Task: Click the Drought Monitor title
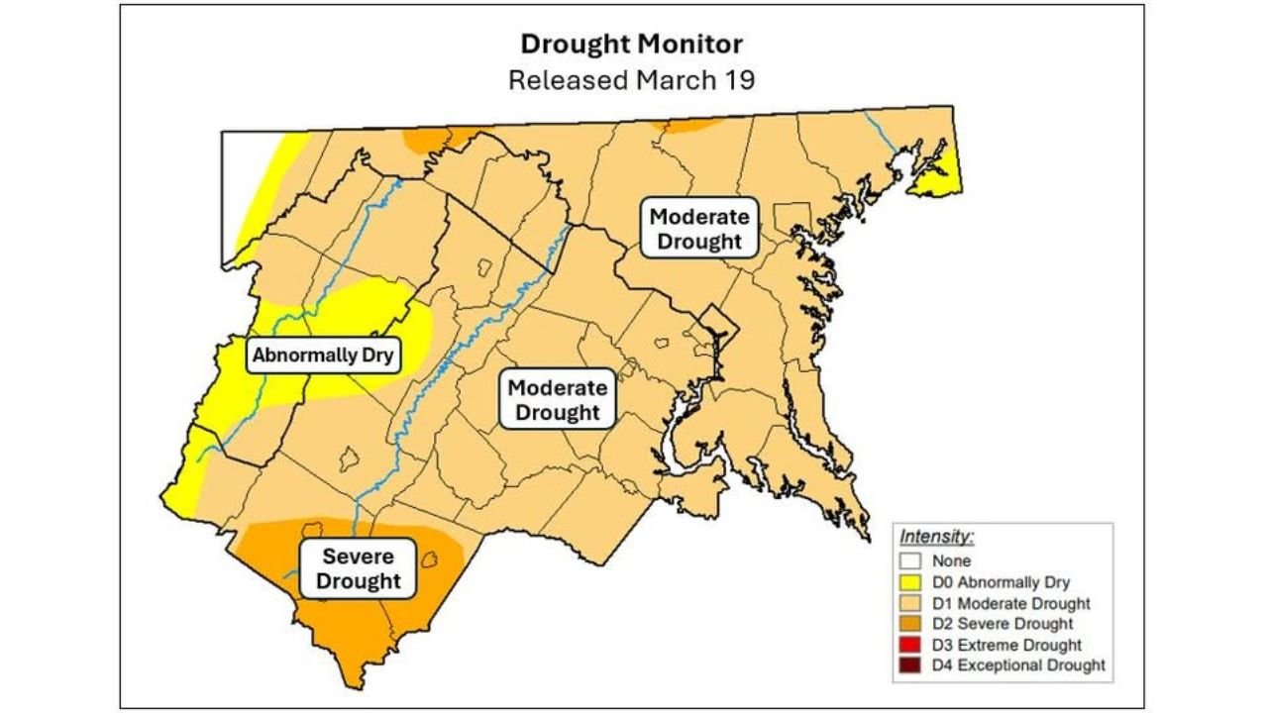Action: pos(631,45)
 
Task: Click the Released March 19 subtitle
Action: pos(631,80)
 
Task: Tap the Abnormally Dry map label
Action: pos(323,355)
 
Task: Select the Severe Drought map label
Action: pos(359,568)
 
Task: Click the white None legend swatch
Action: pos(913,561)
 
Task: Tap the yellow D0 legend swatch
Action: pos(913,582)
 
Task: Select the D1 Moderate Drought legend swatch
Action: pos(913,603)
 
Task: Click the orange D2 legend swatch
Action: pos(913,624)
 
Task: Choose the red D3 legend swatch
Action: pos(913,645)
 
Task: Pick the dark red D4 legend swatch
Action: pos(913,665)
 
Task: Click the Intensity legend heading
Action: pos(937,537)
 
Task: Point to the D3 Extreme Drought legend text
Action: pos(1006,645)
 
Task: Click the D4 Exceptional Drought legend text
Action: pos(1018,665)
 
